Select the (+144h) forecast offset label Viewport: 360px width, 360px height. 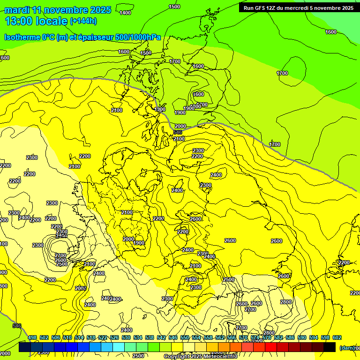click(x=83, y=21)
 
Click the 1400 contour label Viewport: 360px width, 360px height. click(x=125, y=13)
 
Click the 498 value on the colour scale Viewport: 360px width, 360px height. click(x=32, y=337)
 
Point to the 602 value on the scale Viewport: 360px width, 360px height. click(x=337, y=337)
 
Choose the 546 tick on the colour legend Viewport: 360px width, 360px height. click(x=173, y=337)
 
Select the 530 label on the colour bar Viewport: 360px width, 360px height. click(x=126, y=337)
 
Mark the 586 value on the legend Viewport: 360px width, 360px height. click(x=290, y=337)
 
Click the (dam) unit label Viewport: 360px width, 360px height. click(x=347, y=348)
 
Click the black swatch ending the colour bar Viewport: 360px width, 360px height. click(x=330, y=347)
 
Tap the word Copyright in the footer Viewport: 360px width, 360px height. click(x=176, y=357)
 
